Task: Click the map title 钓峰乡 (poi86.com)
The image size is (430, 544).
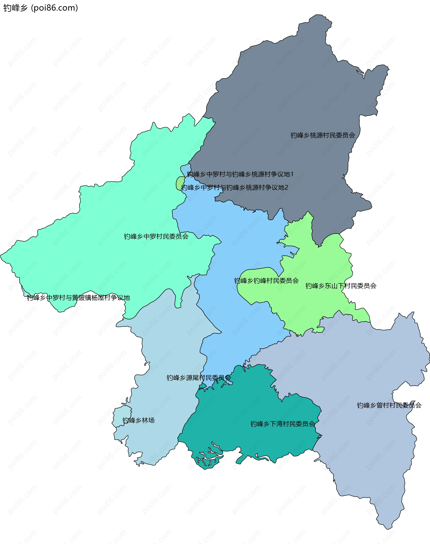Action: (40, 8)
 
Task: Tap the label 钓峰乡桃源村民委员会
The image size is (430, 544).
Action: (322, 136)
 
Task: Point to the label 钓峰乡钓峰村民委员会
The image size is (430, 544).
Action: (266, 281)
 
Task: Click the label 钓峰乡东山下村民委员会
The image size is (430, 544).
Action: (341, 286)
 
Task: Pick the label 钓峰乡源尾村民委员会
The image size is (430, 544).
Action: (199, 378)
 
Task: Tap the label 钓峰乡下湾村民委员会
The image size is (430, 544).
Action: (282, 424)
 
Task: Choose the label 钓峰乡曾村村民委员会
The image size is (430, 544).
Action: (389, 405)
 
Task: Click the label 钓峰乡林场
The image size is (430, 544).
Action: (138, 420)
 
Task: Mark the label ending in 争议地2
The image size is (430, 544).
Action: (234, 187)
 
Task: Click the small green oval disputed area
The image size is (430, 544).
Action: (180, 183)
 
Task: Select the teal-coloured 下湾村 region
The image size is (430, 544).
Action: (252, 408)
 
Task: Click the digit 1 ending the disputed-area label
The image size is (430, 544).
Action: (292, 174)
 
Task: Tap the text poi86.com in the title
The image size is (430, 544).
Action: (54, 8)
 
